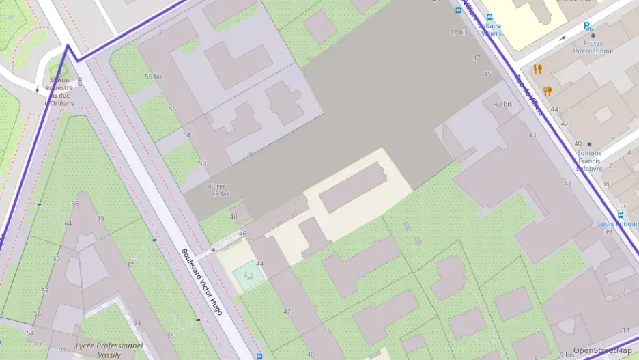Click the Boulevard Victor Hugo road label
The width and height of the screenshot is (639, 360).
(x=202, y=281)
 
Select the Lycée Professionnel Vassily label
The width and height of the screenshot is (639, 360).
(x=109, y=350)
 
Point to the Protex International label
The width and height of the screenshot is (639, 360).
(x=593, y=46)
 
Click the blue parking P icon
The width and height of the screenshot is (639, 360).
(x=587, y=27)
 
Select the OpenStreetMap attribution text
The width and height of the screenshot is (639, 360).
(x=602, y=350)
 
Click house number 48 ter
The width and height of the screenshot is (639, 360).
(x=217, y=186)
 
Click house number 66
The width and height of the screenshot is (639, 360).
(x=75, y=204)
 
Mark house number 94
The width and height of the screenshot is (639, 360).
(x=137, y=324)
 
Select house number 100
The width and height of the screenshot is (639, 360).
(x=40, y=343)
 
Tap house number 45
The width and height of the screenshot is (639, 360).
(x=487, y=74)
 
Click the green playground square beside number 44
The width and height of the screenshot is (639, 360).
(x=248, y=276)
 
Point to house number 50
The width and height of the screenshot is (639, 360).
(x=202, y=163)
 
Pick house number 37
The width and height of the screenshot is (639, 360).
(x=130, y=265)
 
